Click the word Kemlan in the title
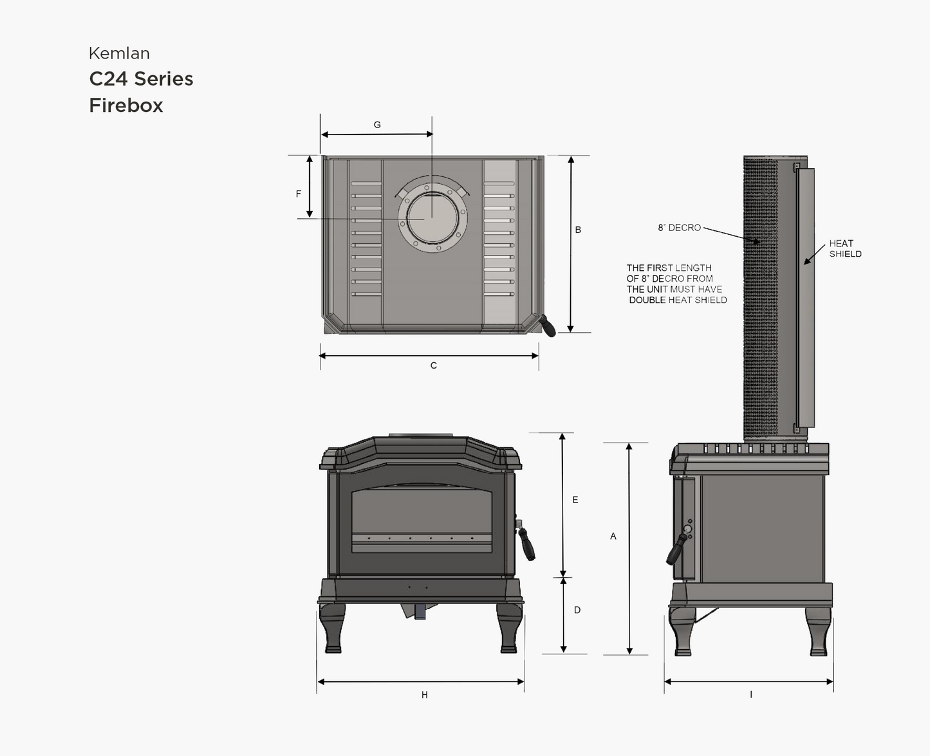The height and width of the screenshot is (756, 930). click(119, 53)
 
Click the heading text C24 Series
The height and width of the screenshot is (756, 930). click(141, 79)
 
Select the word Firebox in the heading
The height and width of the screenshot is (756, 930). click(126, 106)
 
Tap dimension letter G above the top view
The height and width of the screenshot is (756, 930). click(377, 125)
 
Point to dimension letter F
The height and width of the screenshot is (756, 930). click(299, 194)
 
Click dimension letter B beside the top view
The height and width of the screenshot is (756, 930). click(578, 230)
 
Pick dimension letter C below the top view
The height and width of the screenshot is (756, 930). click(434, 365)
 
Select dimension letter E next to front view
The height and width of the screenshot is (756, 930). click(575, 500)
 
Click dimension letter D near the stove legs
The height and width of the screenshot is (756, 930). click(577, 610)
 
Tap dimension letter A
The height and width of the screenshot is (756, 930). click(613, 536)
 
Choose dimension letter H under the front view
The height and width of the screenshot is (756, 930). click(425, 695)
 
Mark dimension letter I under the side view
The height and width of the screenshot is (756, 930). click(751, 695)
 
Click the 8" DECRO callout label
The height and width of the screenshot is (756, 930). click(679, 228)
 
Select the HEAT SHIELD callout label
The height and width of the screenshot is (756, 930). click(845, 248)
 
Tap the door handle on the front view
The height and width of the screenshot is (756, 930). click(527, 544)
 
